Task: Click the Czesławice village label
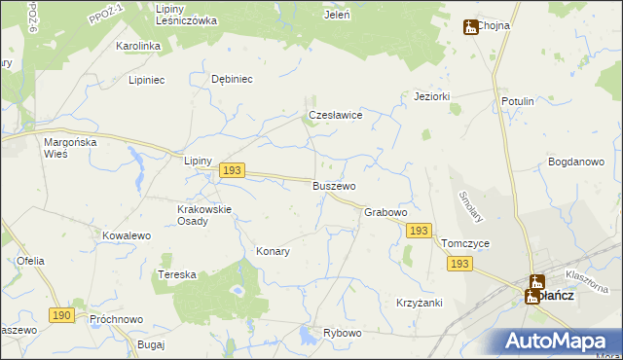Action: [x=336, y=115]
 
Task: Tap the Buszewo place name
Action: [x=334, y=186]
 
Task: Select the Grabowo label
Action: [x=385, y=212]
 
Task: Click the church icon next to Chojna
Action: [x=471, y=27]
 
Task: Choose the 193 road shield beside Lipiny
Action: [x=231, y=170]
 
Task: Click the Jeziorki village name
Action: [x=431, y=96]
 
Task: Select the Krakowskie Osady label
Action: [x=203, y=215]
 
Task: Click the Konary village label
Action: [x=273, y=251]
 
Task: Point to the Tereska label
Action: [x=177, y=275]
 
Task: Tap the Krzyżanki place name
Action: [x=420, y=303]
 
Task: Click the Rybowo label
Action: [x=343, y=333]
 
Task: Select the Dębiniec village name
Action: [x=233, y=80]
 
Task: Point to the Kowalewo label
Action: [x=127, y=236]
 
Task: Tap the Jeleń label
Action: [x=337, y=16]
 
